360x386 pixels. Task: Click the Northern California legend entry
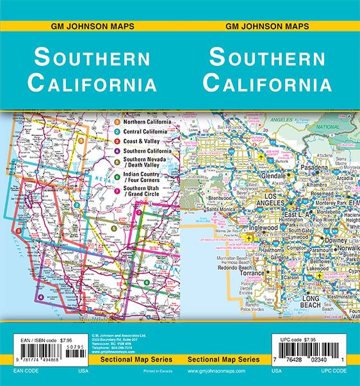click(147, 121)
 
